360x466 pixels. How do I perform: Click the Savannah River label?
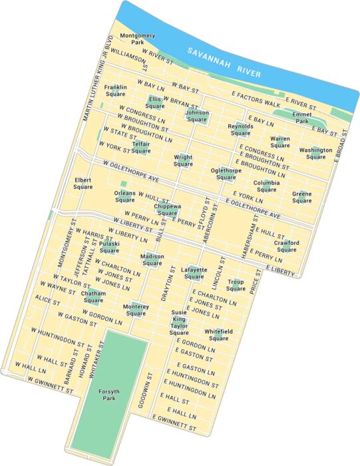click(x=224, y=61)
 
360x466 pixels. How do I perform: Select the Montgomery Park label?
click(x=137, y=39)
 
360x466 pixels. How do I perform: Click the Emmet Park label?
click(x=302, y=118)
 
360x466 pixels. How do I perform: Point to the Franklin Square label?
click(x=115, y=91)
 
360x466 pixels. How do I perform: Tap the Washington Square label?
click(x=315, y=154)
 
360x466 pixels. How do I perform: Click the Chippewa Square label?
click(x=166, y=210)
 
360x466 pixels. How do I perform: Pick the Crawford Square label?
click(x=286, y=246)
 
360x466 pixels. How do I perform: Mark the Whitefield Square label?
click(x=218, y=335)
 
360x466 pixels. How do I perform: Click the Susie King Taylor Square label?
click(x=179, y=322)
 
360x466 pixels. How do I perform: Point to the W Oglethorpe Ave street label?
click(x=126, y=172)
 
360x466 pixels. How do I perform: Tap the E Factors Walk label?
click(x=256, y=99)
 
